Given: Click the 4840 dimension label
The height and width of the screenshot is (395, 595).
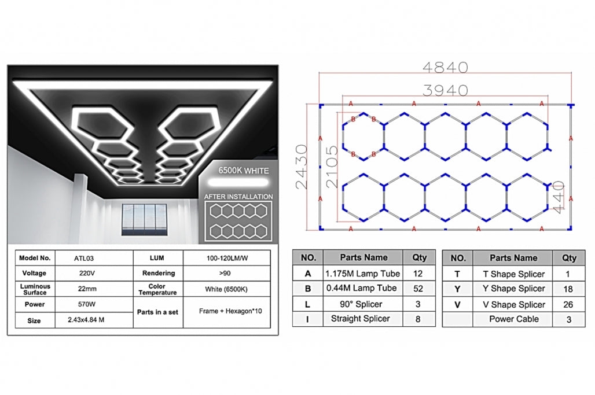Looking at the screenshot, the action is [x=445, y=68].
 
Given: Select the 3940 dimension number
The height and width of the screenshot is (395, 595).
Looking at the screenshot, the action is [x=445, y=91].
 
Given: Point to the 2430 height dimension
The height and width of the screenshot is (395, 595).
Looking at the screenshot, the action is [x=302, y=167].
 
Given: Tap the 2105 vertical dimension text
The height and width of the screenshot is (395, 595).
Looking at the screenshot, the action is [x=332, y=167].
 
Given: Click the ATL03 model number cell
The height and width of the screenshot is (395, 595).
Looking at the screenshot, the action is [x=84, y=259].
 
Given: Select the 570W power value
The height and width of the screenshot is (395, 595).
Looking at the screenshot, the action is [x=86, y=304].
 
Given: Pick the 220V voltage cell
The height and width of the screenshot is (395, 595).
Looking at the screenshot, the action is [x=87, y=273].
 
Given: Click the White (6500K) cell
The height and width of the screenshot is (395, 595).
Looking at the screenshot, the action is [x=226, y=289].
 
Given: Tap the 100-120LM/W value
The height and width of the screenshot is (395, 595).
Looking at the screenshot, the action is [x=227, y=258].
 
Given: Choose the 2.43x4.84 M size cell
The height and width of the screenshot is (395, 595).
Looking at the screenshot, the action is [x=86, y=320].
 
